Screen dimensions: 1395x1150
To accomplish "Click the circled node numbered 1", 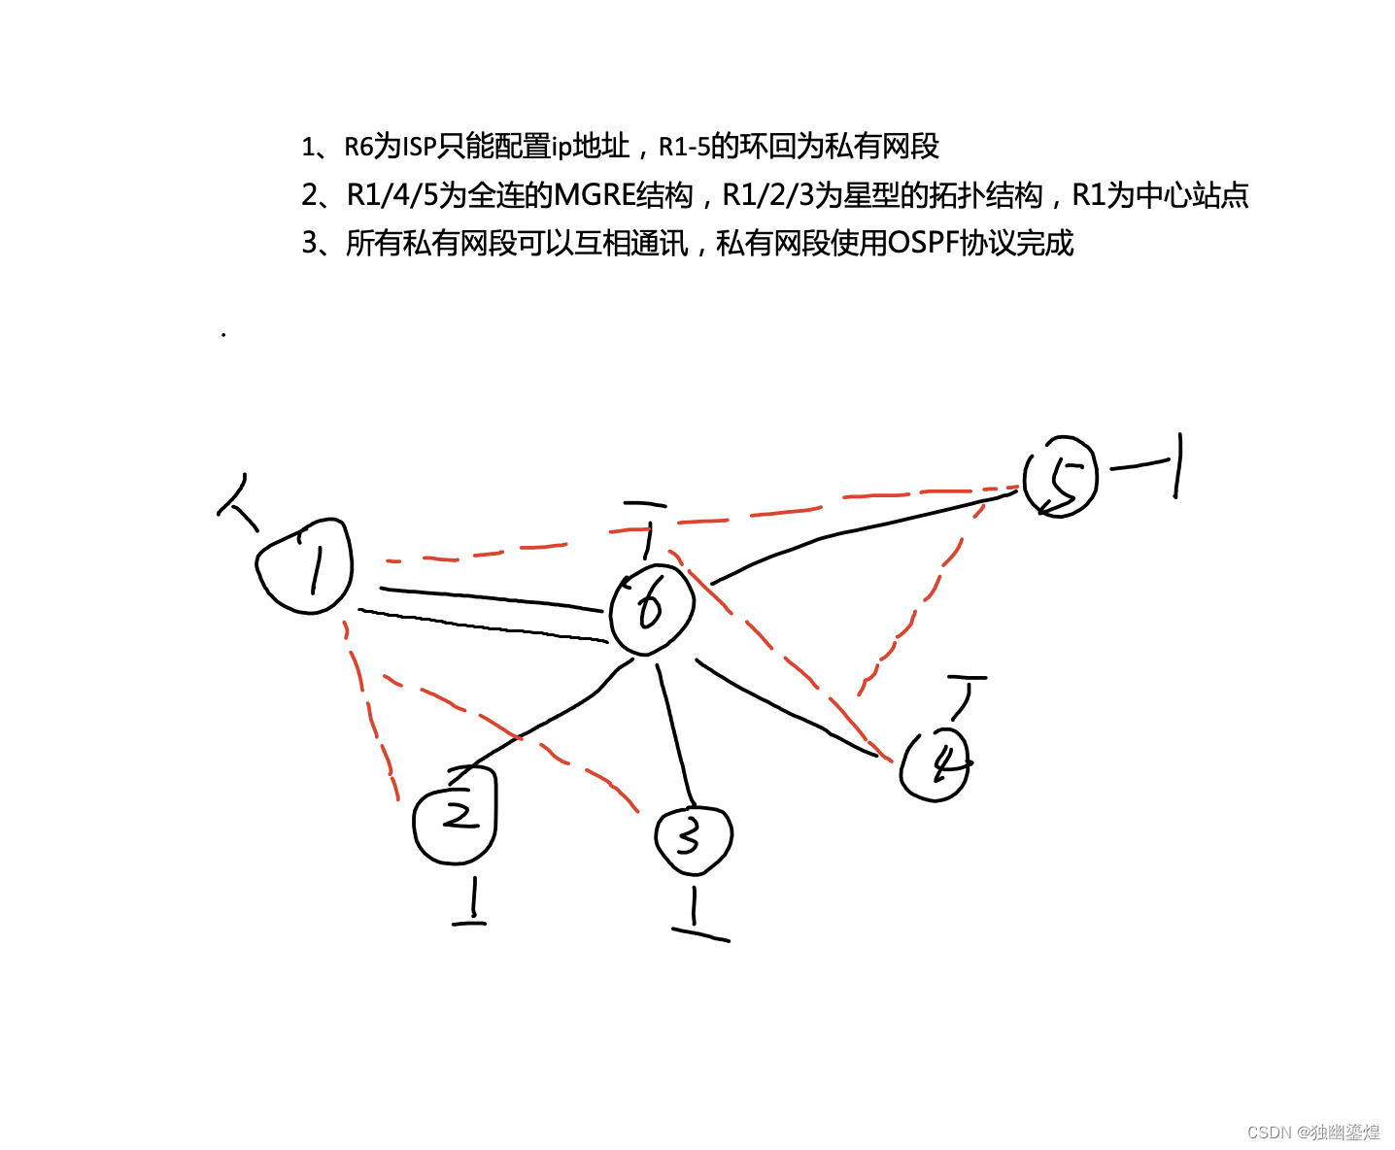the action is click(303, 566).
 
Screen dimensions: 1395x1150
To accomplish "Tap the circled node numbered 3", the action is click(693, 838).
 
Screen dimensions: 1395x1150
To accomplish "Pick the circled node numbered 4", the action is click(935, 764).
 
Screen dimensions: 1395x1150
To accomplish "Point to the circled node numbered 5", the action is click(1061, 476).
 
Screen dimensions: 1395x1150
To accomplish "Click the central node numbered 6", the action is click(652, 610).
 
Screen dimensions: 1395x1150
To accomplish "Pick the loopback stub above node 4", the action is click(965, 694).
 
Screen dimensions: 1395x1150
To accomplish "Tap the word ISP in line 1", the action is click(420, 147).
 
